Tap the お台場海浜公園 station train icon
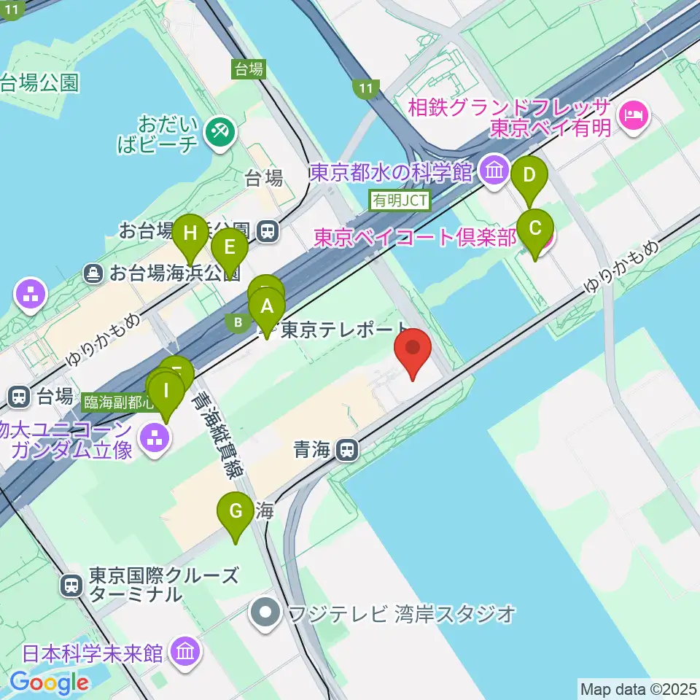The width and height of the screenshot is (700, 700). (x=268, y=231)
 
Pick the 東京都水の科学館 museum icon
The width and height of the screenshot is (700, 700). (x=495, y=172)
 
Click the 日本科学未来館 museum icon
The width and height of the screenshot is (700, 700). (x=185, y=650)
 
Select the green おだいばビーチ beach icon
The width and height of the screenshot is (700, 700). (x=217, y=132)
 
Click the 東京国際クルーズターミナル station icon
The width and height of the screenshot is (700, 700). (x=72, y=585)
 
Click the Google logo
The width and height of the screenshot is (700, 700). (x=49, y=682)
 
